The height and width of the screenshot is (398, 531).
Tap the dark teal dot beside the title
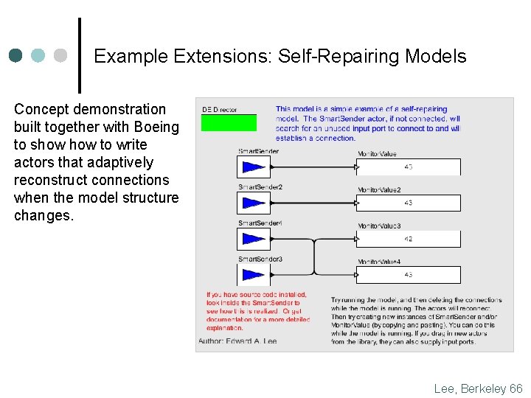pos(16,55)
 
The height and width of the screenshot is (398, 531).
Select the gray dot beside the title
pos(61,55)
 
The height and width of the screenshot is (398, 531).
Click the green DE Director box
pos(229,122)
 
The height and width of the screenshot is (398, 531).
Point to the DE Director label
pos(220,110)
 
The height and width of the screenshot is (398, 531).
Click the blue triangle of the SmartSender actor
pos(253,167)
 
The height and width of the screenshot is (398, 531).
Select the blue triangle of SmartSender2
pos(253,203)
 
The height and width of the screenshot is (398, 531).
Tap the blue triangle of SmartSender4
pos(253,239)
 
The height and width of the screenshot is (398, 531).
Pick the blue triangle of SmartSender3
pos(253,274)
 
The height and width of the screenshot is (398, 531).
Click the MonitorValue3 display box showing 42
pos(408,239)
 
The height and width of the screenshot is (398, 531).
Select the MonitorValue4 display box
pos(408,274)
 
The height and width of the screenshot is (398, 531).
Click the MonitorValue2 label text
pos(379,190)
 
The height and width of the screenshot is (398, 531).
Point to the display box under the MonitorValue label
pos(408,167)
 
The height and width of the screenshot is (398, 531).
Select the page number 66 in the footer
pos(515,388)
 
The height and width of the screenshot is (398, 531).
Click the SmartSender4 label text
pos(260,223)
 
